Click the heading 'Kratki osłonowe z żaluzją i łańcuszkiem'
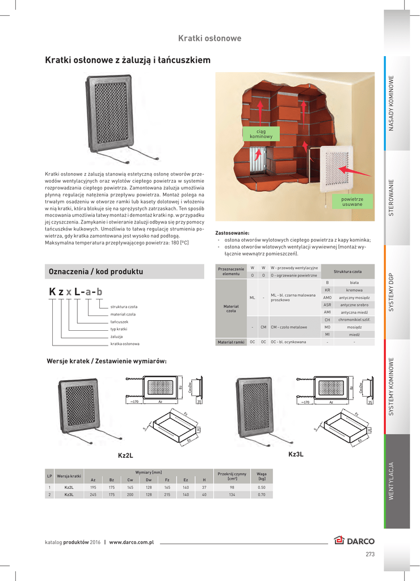(128, 60)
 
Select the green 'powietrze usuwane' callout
(352, 201)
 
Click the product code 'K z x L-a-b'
(75, 292)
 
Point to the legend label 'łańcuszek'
(119, 322)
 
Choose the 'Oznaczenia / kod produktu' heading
(96, 272)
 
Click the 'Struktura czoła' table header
(347, 271)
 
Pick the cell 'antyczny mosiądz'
(354, 297)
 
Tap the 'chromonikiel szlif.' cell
(354, 320)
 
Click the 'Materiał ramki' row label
(231, 342)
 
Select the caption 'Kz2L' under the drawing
(125, 455)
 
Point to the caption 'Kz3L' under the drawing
(296, 454)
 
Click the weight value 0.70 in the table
(262, 495)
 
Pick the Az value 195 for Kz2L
(93, 487)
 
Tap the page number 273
(370, 554)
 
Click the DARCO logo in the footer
(354, 541)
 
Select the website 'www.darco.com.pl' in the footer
(132, 542)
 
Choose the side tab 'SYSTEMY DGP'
(391, 292)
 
